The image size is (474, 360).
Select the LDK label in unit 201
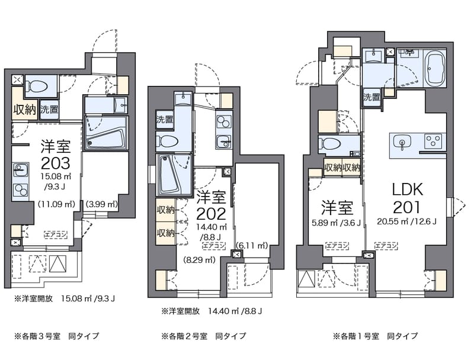pyautogui.click(x=406, y=189)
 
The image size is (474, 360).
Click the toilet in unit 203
pyautogui.click(x=40, y=86)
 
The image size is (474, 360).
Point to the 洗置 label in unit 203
pyautogui.click(x=50, y=110)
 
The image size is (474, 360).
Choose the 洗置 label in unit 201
pyautogui.click(x=371, y=97)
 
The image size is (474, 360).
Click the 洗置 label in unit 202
pyautogui.click(x=165, y=119)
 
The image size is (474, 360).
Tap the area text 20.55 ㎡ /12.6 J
pyautogui.click(x=406, y=223)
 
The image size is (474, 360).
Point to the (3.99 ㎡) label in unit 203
pyautogui.click(x=102, y=204)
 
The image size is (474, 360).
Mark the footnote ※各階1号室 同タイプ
pyautogui.click(x=375, y=336)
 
